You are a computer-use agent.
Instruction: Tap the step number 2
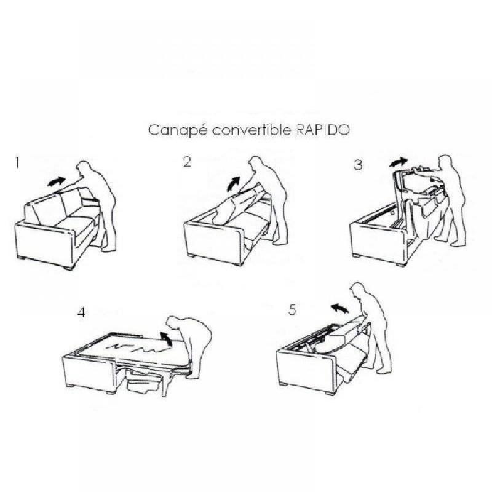[187, 162]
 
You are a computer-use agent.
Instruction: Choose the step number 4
[81, 312]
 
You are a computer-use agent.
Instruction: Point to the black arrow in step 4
[164, 336]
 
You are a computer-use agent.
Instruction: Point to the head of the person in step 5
[357, 292]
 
